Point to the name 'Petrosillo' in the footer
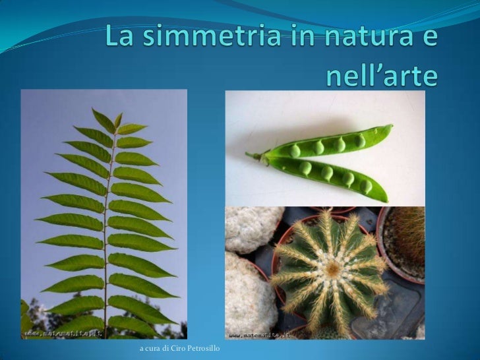202,347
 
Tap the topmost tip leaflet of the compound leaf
118,119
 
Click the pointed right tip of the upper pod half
390,127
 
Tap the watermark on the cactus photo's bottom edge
261,334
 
